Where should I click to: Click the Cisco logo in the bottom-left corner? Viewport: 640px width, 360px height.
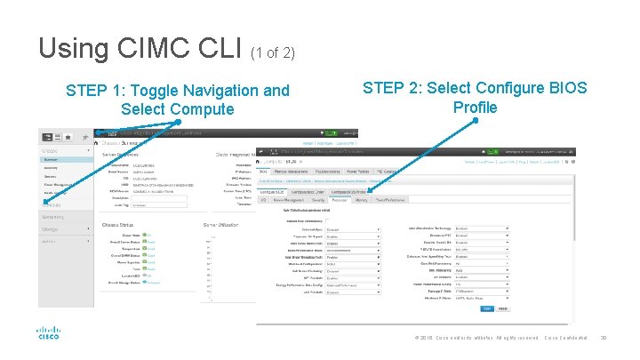47,333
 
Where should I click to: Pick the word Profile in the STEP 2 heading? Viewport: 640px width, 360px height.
475,108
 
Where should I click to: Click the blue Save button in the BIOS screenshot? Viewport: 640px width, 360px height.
487,308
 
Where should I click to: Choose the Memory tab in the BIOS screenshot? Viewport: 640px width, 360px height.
361,200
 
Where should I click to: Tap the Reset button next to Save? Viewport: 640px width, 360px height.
503,308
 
